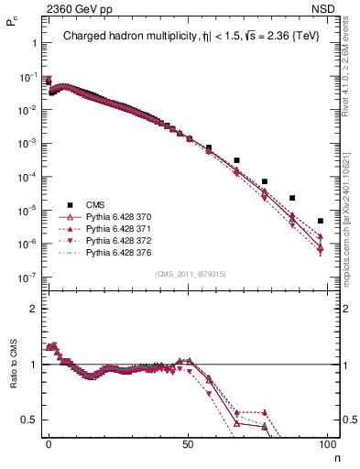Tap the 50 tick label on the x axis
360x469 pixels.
coord(188,442)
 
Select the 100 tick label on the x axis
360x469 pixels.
coord(327,442)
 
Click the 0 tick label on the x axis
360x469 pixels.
coord(49,442)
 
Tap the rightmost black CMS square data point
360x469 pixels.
coord(320,221)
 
